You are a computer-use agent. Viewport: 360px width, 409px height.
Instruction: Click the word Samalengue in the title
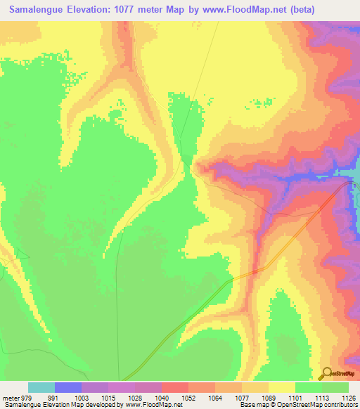pos(39,10)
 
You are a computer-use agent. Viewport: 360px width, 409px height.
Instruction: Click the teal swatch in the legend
pos(41,387)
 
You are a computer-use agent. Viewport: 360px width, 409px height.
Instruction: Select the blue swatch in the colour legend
pos(68,387)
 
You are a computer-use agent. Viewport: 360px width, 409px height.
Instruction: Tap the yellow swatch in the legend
pos(281,387)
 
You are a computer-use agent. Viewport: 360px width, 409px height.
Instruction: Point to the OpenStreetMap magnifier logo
pos(326,372)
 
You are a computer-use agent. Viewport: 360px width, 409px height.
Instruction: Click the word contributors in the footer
pos(342,404)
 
